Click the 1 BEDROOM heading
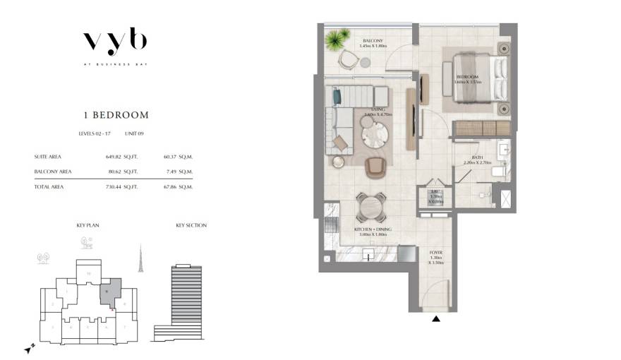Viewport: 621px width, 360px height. (x=115, y=114)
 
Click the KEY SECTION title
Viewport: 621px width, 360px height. (x=191, y=225)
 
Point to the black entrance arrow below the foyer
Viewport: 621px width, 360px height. (x=436, y=319)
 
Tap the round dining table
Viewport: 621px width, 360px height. (x=370, y=206)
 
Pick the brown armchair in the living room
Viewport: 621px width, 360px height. (x=375, y=168)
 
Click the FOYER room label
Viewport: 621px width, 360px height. (x=436, y=251)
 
